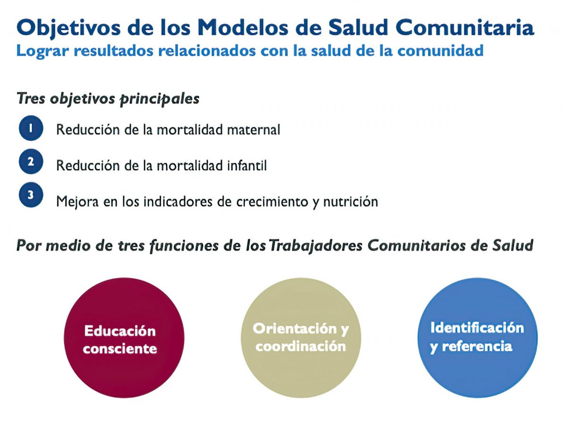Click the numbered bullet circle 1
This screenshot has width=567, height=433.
[x=31, y=128]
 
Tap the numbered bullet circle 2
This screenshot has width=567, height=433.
[x=31, y=161]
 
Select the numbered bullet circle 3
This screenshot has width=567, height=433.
[x=31, y=195]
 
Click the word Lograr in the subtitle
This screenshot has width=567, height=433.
[x=43, y=51]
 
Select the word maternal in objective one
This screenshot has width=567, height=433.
[x=253, y=129]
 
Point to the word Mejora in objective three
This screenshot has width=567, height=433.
[x=77, y=202]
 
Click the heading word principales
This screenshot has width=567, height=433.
[x=159, y=99]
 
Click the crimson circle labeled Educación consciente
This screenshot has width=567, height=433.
[x=124, y=338]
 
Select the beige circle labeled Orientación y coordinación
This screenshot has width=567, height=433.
[x=301, y=338]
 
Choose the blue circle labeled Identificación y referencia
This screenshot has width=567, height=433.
[x=477, y=338]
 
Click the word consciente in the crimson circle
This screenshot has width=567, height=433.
[x=120, y=348]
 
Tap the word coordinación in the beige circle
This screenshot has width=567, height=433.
[x=301, y=346]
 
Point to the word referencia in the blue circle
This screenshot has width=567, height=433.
[x=477, y=346]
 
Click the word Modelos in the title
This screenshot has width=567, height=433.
[x=243, y=27]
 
